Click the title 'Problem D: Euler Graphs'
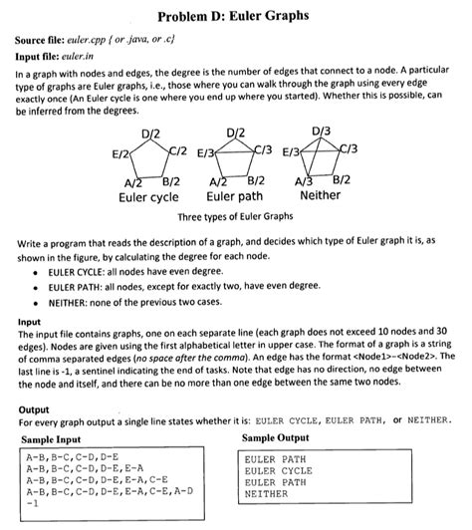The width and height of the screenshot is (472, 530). coord(235,18)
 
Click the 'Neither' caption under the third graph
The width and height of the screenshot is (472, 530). coord(320,195)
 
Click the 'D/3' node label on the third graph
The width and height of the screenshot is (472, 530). coord(322,132)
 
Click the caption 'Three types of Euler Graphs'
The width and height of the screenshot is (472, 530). coord(235,215)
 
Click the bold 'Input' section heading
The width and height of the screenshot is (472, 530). coord(30,321)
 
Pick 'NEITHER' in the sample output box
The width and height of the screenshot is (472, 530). coord(266,492)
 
